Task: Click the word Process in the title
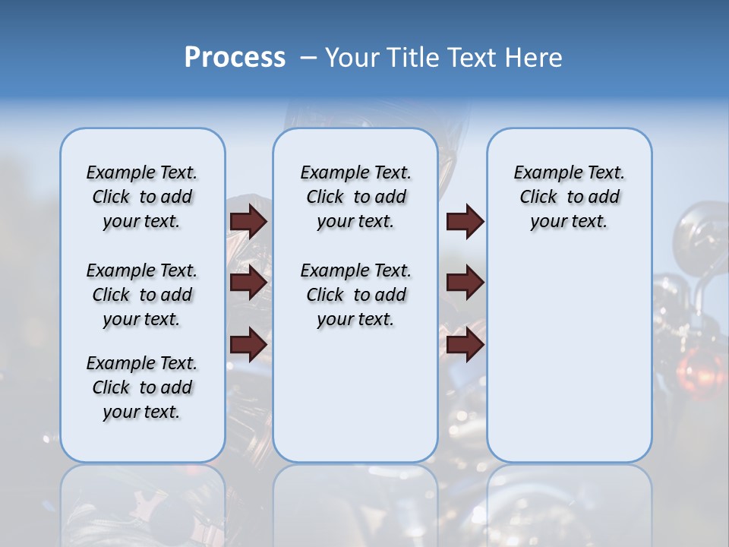235,58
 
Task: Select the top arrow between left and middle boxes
248,222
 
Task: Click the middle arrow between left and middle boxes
248,283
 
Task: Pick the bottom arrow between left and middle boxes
248,344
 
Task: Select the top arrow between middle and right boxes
465,222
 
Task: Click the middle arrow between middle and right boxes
465,283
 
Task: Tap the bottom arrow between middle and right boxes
465,344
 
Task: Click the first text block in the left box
142,197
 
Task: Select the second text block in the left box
142,295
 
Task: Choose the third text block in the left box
142,387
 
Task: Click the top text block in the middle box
355,197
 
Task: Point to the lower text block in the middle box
355,295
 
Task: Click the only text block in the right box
569,197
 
